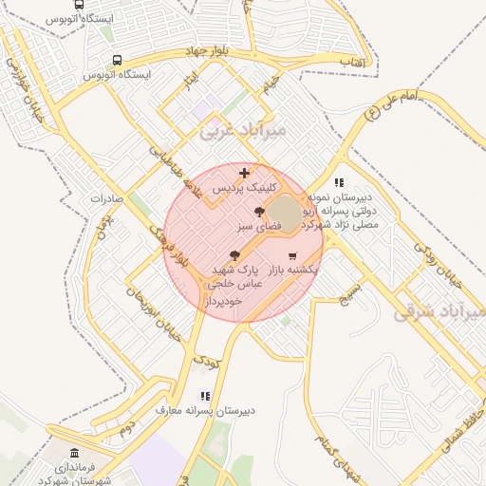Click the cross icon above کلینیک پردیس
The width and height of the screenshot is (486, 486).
(x=245, y=173)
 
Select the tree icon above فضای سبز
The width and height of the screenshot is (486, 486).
(x=259, y=212)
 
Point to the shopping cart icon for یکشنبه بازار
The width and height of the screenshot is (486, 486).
(x=291, y=256)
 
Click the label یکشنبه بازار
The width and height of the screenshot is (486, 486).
(x=290, y=271)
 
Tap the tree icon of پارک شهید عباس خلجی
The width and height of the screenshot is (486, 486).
(x=234, y=255)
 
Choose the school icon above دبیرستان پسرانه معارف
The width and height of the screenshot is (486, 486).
(x=204, y=396)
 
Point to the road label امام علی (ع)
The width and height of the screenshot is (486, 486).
(x=391, y=106)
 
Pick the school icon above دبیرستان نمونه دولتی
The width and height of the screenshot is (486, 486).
(x=339, y=182)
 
